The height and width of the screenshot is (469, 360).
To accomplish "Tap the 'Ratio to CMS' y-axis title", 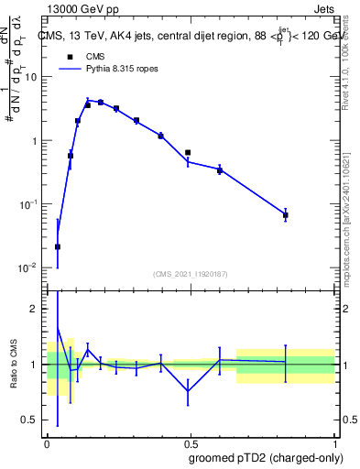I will pyautogui.click(x=14, y=364).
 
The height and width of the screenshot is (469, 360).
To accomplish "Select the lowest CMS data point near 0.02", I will pyautogui.click(x=58, y=246).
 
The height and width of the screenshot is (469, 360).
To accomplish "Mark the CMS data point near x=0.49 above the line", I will pyautogui.click(x=188, y=152).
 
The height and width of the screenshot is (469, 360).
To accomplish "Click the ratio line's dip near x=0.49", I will pyautogui.click(x=188, y=391).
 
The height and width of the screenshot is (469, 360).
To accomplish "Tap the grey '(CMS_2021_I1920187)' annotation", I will pyautogui.click(x=190, y=274).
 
